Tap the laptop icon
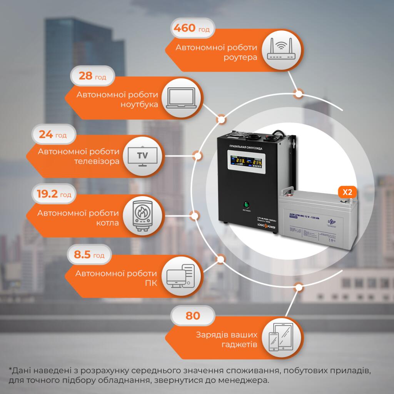tap(182, 98)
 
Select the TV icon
tap(142, 156)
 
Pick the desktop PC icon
tap(181, 277)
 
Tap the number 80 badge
tap(192, 316)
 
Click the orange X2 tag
tap(347, 193)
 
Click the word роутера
tap(240, 58)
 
